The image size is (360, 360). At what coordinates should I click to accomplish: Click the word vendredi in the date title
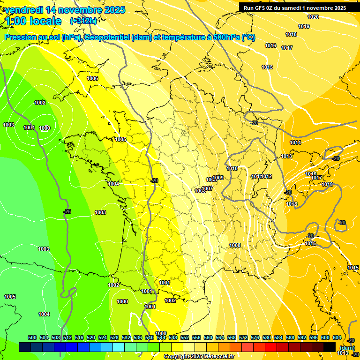pyautogui.click(x=24, y=10)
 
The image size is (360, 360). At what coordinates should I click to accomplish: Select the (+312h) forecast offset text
pyautogui.click(x=83, y=21)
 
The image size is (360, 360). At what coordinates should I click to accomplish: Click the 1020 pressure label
pyautogui.click(x=313, y=17)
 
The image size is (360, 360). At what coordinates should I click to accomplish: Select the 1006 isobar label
pyautogui.click(x=92, y=78)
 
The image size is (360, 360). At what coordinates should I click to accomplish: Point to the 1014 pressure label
pyautogui.click(x=295, y=142)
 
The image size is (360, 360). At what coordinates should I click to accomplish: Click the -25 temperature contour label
pyautogui.click(x=67, y=211)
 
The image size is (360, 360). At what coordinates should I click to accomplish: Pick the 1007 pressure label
pyautogui.click(x=208, y=188)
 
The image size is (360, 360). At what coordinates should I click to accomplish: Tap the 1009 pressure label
pyautogui.click(x=218, y=178)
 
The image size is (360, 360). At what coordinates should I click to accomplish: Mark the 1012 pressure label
pyautogui.click(x=267, y=176)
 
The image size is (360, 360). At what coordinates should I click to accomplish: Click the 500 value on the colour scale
pyautogui.click(x=32, y=337)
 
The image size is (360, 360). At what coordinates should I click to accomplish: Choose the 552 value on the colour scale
pyautogui.click(x=185, y=337)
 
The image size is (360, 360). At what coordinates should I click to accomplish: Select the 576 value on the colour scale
pyautogui.click(x=255, y=337)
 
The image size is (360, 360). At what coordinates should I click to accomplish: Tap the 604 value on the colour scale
pyautogui.click(x=337, y=337)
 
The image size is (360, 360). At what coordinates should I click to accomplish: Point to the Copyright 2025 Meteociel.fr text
pyautogui.click(x=198, y=356)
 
